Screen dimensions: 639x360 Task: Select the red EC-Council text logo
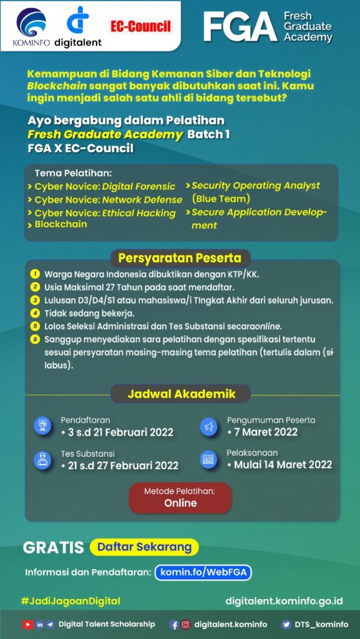tap(140, 26)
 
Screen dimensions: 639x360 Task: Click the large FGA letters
tap(240, 27)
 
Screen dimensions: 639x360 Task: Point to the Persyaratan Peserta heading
tap(180, 258)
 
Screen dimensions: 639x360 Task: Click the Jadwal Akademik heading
tap(181, 394)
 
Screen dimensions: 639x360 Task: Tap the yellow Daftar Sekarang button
tap(144, 547)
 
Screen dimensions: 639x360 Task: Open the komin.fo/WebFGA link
tap(203, 572)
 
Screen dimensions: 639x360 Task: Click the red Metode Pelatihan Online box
tap(180, 497)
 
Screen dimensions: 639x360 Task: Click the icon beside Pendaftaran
tap(42, 426)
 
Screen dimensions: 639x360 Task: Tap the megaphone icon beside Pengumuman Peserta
tap(208, 427)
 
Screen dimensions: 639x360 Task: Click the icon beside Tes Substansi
tap(42, 460)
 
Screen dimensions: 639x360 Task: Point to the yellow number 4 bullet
tap(36, 313)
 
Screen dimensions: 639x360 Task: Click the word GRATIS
tap(53, 548)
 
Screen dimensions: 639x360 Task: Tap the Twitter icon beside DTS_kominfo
tap(286, 624)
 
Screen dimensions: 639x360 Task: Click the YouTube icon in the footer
tap(27, 624)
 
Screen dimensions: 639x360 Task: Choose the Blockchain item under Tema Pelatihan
tap(61, 224)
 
